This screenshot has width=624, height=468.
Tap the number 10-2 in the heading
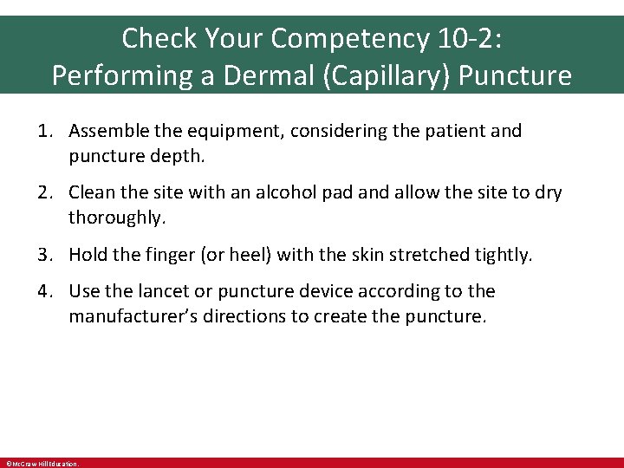click(x=467, y=38)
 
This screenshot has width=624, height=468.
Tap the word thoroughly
click(x=116, y=218)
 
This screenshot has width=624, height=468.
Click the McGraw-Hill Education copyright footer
click(x=42, y=464)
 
